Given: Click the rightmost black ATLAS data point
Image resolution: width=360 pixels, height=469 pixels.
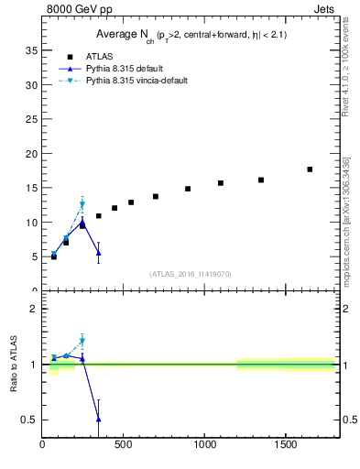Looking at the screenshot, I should (310, 169).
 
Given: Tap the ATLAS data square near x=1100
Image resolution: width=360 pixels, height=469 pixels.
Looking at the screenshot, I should (221, 183).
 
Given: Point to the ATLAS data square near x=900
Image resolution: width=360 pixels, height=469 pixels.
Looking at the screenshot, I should (188, 189).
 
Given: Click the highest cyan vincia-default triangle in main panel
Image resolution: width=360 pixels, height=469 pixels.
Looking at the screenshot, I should (82, 204).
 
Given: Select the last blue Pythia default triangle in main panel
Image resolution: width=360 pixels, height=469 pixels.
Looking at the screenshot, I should (99, 253).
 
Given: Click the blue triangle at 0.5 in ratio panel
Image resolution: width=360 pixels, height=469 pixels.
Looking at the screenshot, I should (99, 419).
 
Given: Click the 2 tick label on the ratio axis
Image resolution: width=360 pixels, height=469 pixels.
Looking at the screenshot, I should (33, 309).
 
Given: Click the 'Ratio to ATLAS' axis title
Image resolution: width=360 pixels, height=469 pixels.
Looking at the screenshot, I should (13, 366).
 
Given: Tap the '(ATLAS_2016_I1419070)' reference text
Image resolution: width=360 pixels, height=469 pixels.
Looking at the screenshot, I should (189, 273).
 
